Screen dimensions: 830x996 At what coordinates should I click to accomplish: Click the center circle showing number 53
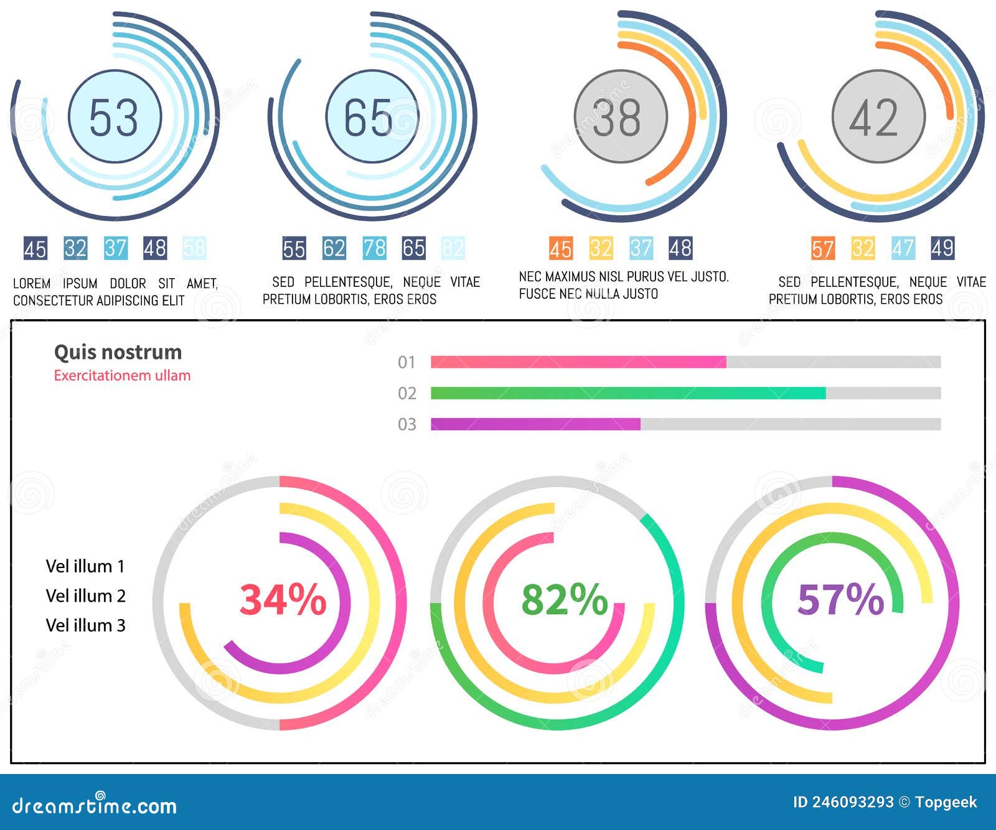(115, 116)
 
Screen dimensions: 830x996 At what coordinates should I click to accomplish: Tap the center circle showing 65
(372, 116)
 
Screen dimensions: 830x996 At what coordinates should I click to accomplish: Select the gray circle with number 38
(620, 116)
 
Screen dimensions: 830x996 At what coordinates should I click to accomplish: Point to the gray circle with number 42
(878, 116)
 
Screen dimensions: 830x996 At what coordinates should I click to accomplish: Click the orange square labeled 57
(822, 248)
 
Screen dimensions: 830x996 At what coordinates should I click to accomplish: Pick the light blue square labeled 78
(374, 248)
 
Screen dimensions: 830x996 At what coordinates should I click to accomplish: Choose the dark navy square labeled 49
(942, 248)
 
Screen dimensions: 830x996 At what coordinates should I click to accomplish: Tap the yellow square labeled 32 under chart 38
(601, 248)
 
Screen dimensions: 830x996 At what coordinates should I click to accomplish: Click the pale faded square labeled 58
(194, 248)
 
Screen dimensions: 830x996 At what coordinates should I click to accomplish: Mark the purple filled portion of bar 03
(535, 424)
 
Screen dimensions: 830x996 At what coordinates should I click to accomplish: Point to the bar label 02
(406, 393)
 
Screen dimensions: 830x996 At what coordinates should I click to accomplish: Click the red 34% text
(283, 600)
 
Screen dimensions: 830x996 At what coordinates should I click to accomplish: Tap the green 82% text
(564, 600)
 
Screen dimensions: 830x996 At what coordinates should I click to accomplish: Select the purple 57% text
(840, 600)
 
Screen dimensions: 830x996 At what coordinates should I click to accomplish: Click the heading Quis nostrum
(118, 352)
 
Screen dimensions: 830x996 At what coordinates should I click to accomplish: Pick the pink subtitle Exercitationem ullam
(122, 376)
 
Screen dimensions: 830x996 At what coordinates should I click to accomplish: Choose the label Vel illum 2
(85, 596)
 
